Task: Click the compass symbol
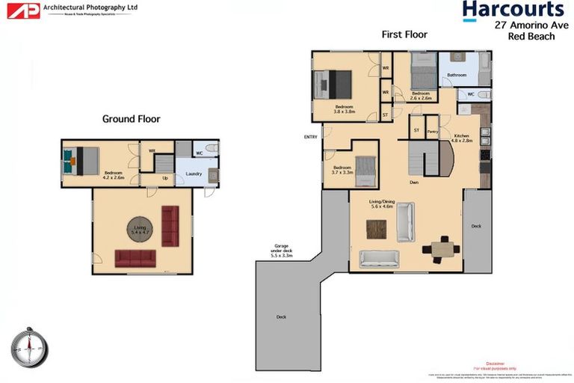pyautogui.click(x=29, y=347)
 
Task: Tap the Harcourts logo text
pyautogui.click(x=512, y=9)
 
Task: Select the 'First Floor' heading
pyautogui.click(x=404, y=34)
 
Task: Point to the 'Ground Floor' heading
pyautogui.click(x=131, y=118)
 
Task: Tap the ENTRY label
pyautogui.click(x=311, y=137)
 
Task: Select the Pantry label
pyautogui.click(x=432, y=131)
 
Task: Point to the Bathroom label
pyautogui.click(x=457, y=75)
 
